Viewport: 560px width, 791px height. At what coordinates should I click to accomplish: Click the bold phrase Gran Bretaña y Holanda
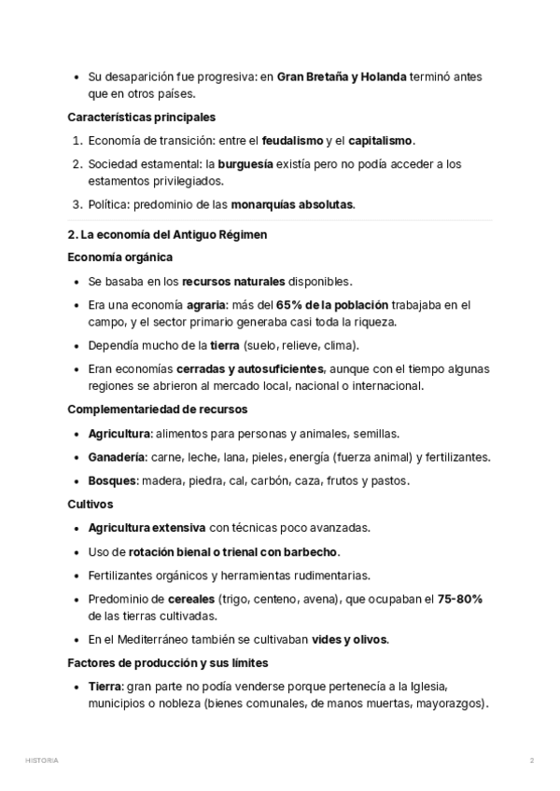(x=342, y=77)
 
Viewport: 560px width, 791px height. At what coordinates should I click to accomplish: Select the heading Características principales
(x=142, y=118)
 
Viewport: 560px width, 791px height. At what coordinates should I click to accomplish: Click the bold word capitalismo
(x=380, y=141)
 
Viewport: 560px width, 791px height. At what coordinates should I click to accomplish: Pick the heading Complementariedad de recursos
(x=158, y=409)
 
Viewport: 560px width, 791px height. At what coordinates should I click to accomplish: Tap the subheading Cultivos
(x=91, y=504)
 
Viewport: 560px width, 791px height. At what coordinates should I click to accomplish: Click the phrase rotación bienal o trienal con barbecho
(x=234, y=551)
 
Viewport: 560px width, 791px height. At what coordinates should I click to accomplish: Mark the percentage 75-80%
(x=459, y=599)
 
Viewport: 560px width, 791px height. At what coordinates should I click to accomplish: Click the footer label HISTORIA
(x=42, y=760)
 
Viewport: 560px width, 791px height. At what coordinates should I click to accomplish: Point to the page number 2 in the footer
(x=532, y=760)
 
